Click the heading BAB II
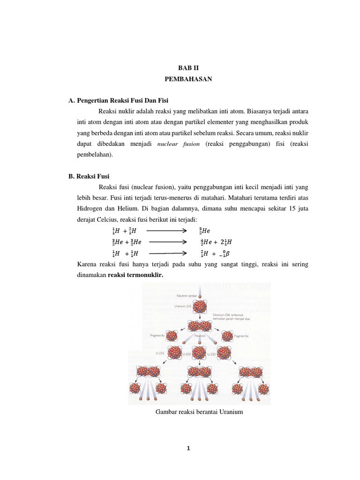point(188,67)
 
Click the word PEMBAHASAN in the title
point(188,79)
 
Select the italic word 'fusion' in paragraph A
point(189,145)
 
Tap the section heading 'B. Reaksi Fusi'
point(89,176)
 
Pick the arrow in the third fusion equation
point(164,253)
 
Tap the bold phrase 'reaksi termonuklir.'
point(135,275)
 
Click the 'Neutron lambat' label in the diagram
point(185,296)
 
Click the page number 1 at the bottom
point(188,449)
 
